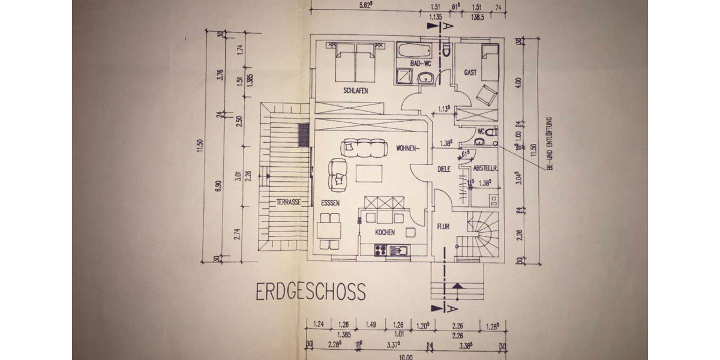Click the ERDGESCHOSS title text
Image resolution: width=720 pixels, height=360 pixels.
(x=310, y=292)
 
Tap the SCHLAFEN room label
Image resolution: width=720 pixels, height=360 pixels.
(x=355, y=91)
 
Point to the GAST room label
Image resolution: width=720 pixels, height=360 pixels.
(x=470, y=73)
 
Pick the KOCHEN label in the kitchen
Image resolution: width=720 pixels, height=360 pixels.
(x=385, y=232)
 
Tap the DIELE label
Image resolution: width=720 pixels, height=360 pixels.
(x=443, y=169)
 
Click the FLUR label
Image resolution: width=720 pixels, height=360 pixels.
(x=443, y=226)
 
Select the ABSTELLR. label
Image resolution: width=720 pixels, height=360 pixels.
(x=484, y=169)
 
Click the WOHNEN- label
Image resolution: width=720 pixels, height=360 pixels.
(x=409, y=148)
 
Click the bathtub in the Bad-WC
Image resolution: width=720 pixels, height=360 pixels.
(x=413, y=50)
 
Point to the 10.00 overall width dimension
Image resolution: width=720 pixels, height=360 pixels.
(x=406, y=357)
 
